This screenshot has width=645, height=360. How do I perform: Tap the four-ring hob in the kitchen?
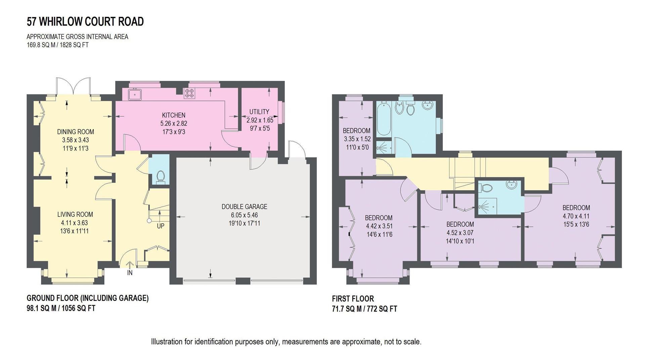[x=189, y=93]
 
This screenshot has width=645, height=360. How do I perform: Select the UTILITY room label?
[x=259, y=112]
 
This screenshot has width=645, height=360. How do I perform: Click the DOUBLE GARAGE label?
[x=244, y=207]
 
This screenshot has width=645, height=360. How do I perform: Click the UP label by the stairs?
[x=161, y=226]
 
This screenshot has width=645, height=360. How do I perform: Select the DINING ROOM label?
[x=75, y=132]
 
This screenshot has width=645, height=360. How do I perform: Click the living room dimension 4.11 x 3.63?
[x=75, y=223]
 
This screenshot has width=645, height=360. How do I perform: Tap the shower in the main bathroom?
[x=382, y=147]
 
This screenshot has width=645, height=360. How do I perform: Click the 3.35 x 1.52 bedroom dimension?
[x=357, y=139]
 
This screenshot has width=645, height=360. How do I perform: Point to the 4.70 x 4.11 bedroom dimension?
[x=576, y=216]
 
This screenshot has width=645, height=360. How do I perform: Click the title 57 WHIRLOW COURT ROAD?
[x=85, y=22]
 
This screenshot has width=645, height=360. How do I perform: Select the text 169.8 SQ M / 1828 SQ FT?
[x=57, y=45]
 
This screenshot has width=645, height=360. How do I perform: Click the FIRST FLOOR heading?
[x=353, y=298]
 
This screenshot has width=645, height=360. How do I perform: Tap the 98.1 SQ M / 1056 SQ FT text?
[x=61, y=308]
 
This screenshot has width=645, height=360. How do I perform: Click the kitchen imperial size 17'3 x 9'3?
[x=173, y=132]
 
